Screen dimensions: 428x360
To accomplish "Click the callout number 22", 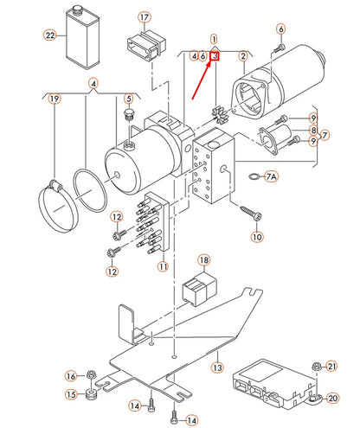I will point(50,35).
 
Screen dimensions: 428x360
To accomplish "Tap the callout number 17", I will point(144,17).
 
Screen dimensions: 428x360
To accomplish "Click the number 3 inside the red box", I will point(214,56).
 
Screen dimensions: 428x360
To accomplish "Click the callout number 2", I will point(244,56).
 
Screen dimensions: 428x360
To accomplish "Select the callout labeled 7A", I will point(272,176).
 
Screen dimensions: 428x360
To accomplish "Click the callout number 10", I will point(256,236).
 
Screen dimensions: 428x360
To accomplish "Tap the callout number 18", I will point(204,259).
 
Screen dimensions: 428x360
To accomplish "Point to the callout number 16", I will point(72,375).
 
